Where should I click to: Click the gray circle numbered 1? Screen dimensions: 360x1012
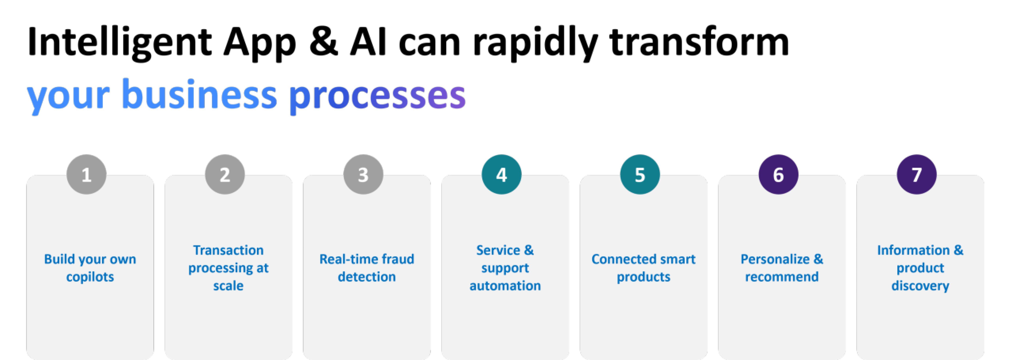pyautogui.click(x=86, y=174)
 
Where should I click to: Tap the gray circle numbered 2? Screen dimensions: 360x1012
pyautogui.click(x=225, y=174)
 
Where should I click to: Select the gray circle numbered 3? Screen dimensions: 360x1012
pyautogui.click(x=363, y=174)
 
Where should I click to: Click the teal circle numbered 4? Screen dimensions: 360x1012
pyautogui.click(x=501, y=174)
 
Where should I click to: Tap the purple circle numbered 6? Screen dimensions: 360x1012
pyautogui.click(x=778, y=174)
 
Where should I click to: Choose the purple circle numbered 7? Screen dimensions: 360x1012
pyautogui.click(x=917, y=174)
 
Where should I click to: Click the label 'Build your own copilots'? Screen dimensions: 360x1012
pyautogui.click(x=90, y=268)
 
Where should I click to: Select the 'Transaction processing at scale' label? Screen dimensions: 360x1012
pyautogui.click(x=228, y=268)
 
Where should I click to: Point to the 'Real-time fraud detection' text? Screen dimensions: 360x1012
pyautogui.click(x=366, y=268)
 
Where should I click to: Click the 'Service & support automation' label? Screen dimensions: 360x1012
pyautogui.click(x=505, y=268)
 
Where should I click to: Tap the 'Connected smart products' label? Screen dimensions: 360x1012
pyautogui.click(x=643, y=268)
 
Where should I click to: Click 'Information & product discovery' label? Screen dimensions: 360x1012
pyautogui.click(x=920, y=268)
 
